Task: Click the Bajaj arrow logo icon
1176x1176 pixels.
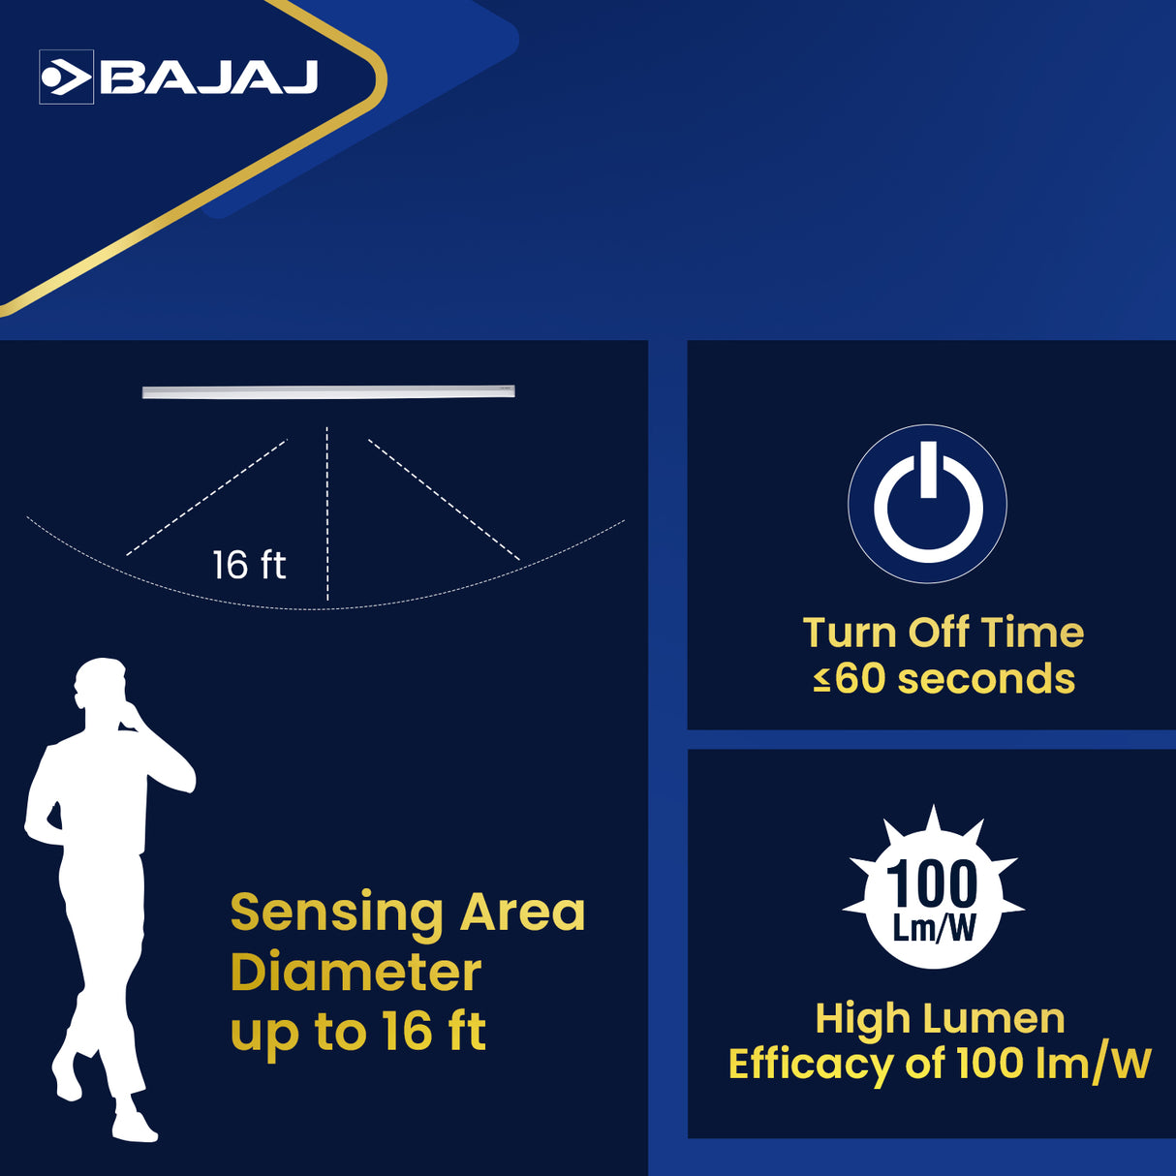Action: click(66, 77)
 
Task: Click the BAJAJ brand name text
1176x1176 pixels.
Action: click(209, 77)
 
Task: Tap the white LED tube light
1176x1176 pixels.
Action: click(328, 391)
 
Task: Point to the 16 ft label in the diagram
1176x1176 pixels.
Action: click(249, 565)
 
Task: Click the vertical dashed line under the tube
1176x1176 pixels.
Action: click(327, 513)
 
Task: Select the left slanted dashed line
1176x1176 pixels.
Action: click(206, 498)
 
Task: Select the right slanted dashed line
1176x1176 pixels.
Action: click(444, 499)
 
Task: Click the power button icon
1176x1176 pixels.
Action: click(928, 504)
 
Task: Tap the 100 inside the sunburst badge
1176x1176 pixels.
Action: click(933, 884)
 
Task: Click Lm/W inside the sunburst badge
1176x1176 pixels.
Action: click(934, 929)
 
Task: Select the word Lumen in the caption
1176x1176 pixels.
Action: click(994, 1019)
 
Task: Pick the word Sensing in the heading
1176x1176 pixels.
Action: click(336, 913)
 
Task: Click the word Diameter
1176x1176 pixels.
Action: click(356, 973)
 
